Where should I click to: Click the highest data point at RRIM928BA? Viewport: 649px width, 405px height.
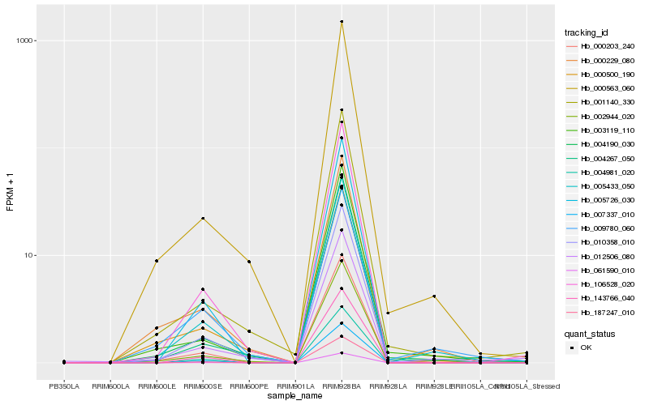pos(342,22)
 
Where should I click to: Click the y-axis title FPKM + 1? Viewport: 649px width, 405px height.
pos(10,192)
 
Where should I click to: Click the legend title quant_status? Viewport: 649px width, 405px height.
pos(589,333)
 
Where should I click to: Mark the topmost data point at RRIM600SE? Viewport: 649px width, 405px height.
pos(203,218)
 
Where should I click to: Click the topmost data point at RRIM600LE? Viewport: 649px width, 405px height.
pos(157,261)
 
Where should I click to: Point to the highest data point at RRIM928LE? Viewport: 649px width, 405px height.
pos(434,296)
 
